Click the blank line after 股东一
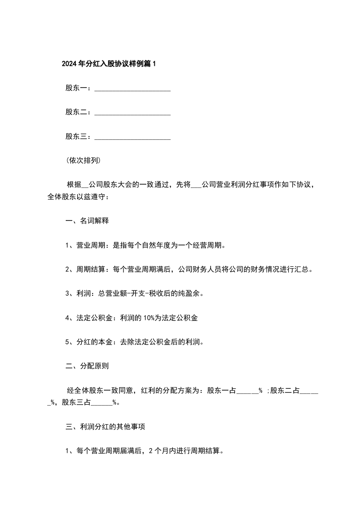132,89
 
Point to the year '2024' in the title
69,64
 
